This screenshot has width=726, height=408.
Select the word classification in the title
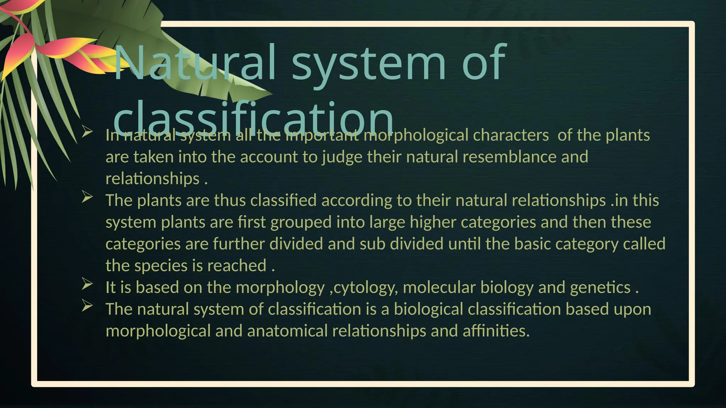(253, 117)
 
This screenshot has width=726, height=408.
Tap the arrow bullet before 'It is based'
(87, 284)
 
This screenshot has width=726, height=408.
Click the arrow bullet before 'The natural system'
(87, 306)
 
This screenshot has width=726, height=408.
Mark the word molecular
(439, 287)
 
